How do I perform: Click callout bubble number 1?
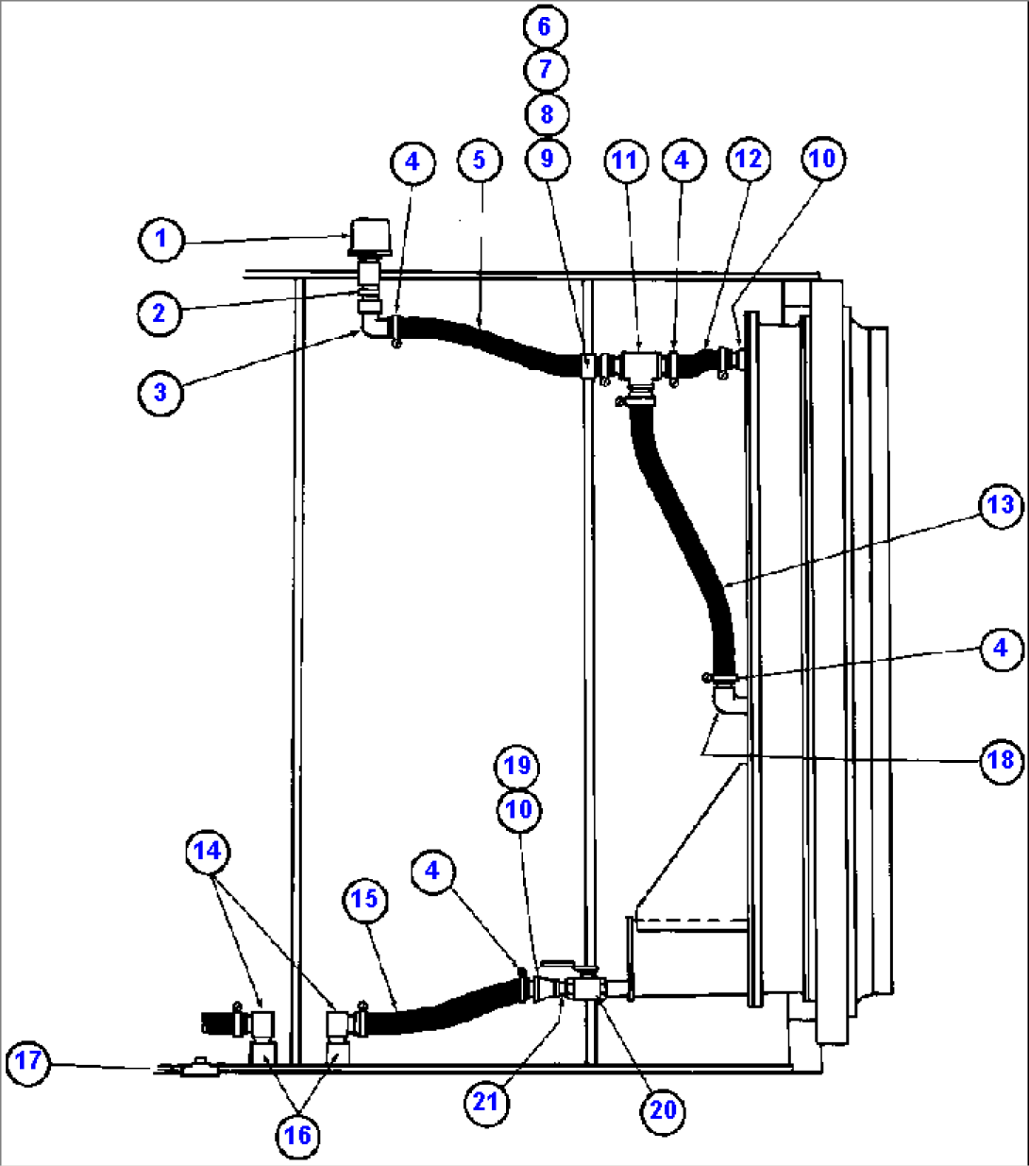coord(160,238)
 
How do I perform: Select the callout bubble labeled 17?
coord(28,1061)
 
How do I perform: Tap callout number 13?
coord(1000,505)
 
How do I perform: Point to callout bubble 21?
coord(485,1102)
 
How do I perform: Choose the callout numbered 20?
coord(663,1109)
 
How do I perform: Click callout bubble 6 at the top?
coord(545,26)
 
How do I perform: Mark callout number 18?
coord(1000,759)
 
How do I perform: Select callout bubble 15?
coord(364,899)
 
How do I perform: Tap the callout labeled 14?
coord(207,851)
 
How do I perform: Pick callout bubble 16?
coord(297,1135)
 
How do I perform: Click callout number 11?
coord(624,161)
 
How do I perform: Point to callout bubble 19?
coord(517,765)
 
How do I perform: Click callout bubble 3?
coord(160,391)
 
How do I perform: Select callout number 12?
coord(747,160)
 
